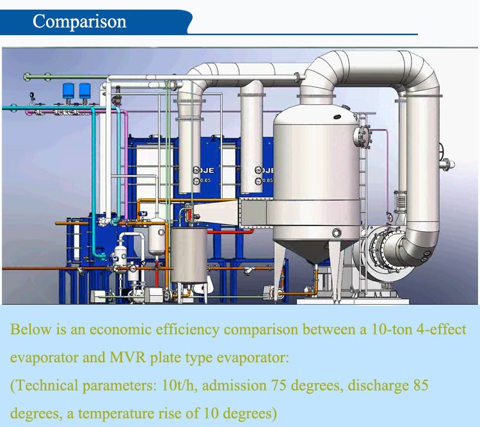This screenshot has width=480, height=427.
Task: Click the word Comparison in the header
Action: click(79, 21)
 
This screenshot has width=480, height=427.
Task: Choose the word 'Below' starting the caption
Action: click(28, 330)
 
